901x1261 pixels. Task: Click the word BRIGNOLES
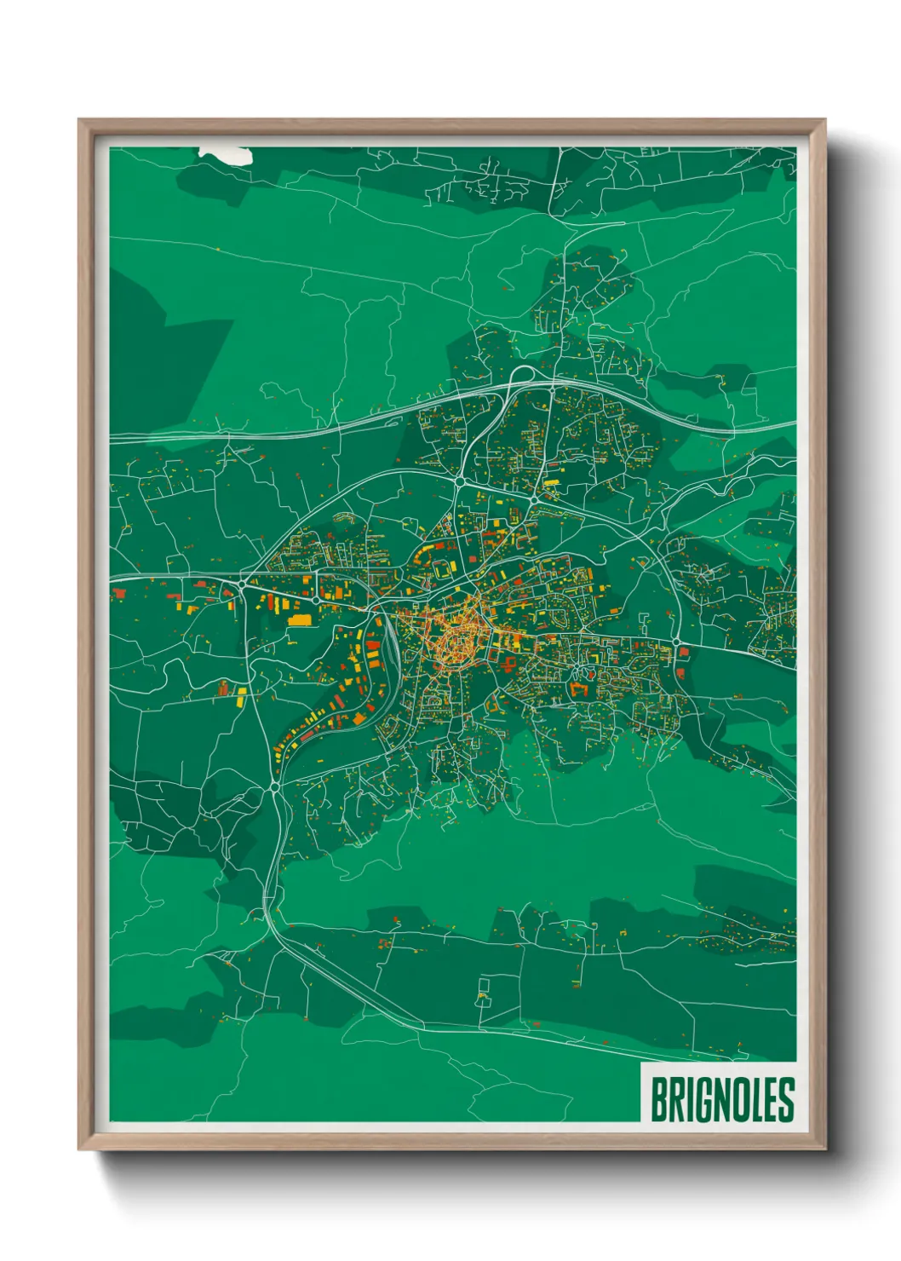point(722,1099)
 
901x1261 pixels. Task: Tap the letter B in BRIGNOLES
point(659,1099)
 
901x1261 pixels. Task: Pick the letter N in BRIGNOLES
point(720,1099)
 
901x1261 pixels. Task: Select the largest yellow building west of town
point(300,619)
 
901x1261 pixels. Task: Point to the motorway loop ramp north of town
point(521,374)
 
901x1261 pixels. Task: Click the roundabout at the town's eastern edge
point(675,642)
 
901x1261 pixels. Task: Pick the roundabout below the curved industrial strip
point(273,786)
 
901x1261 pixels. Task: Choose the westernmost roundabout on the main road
point(244,584)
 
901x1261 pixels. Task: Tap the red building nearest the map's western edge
point(119,593)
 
